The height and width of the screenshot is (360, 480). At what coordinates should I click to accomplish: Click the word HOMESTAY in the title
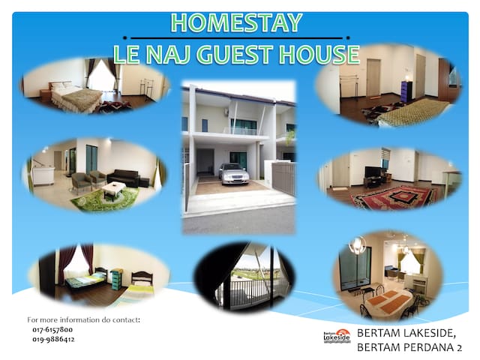[237, 22]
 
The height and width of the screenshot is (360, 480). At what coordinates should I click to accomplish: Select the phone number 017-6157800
[52, 330]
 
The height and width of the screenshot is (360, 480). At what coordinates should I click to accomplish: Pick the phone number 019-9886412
[53, 339]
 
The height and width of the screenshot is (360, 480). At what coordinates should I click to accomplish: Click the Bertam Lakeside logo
[337, 336]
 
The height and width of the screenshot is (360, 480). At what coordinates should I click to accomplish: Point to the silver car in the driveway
[234, 173]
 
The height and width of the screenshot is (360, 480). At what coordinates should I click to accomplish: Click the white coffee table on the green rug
[114, 190]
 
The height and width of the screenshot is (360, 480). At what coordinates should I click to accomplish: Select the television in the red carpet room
[373, 172]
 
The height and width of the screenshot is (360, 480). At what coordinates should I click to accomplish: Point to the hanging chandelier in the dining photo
[357, 245]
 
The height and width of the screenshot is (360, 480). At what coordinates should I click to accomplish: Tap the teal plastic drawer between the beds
[117, 279]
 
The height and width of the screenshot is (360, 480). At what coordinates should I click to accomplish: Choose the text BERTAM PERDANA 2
[409, 347]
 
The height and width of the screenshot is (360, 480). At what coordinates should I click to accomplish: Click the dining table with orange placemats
[389, 300]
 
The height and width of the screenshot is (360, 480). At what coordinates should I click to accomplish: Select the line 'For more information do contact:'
[83, 320]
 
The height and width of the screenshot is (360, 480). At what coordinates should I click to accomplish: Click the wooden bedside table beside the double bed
[45, 94]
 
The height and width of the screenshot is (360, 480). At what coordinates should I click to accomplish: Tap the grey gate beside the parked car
[283, 178]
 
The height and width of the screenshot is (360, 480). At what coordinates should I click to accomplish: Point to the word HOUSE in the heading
[319, 55]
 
